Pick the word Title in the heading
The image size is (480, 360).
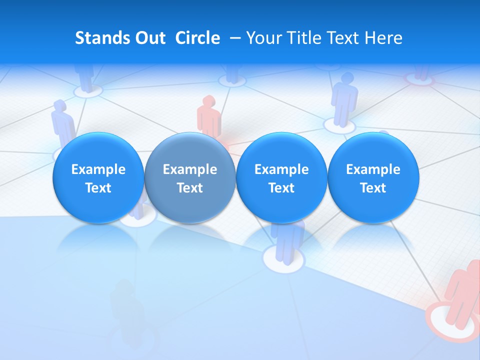pos(302,38)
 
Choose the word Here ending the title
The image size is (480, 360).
pos(384,38)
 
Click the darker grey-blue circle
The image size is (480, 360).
pos(189,177)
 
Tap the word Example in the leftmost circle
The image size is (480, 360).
pos(98,169)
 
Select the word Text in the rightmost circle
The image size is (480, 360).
pos(373,188)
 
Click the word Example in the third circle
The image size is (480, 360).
pos(281,169)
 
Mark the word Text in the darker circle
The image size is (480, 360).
pos(189,188)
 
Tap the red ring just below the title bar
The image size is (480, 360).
pos(418,78)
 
